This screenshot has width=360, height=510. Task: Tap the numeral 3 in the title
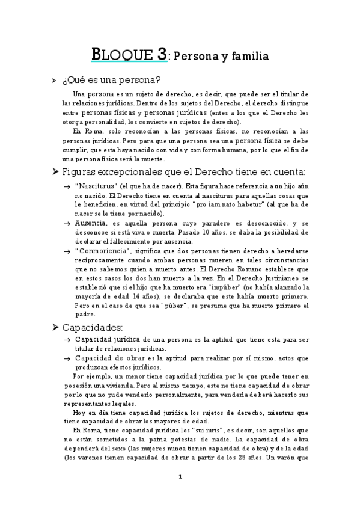click(161, 54)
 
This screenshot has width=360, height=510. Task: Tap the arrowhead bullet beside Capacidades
click(56, 327)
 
